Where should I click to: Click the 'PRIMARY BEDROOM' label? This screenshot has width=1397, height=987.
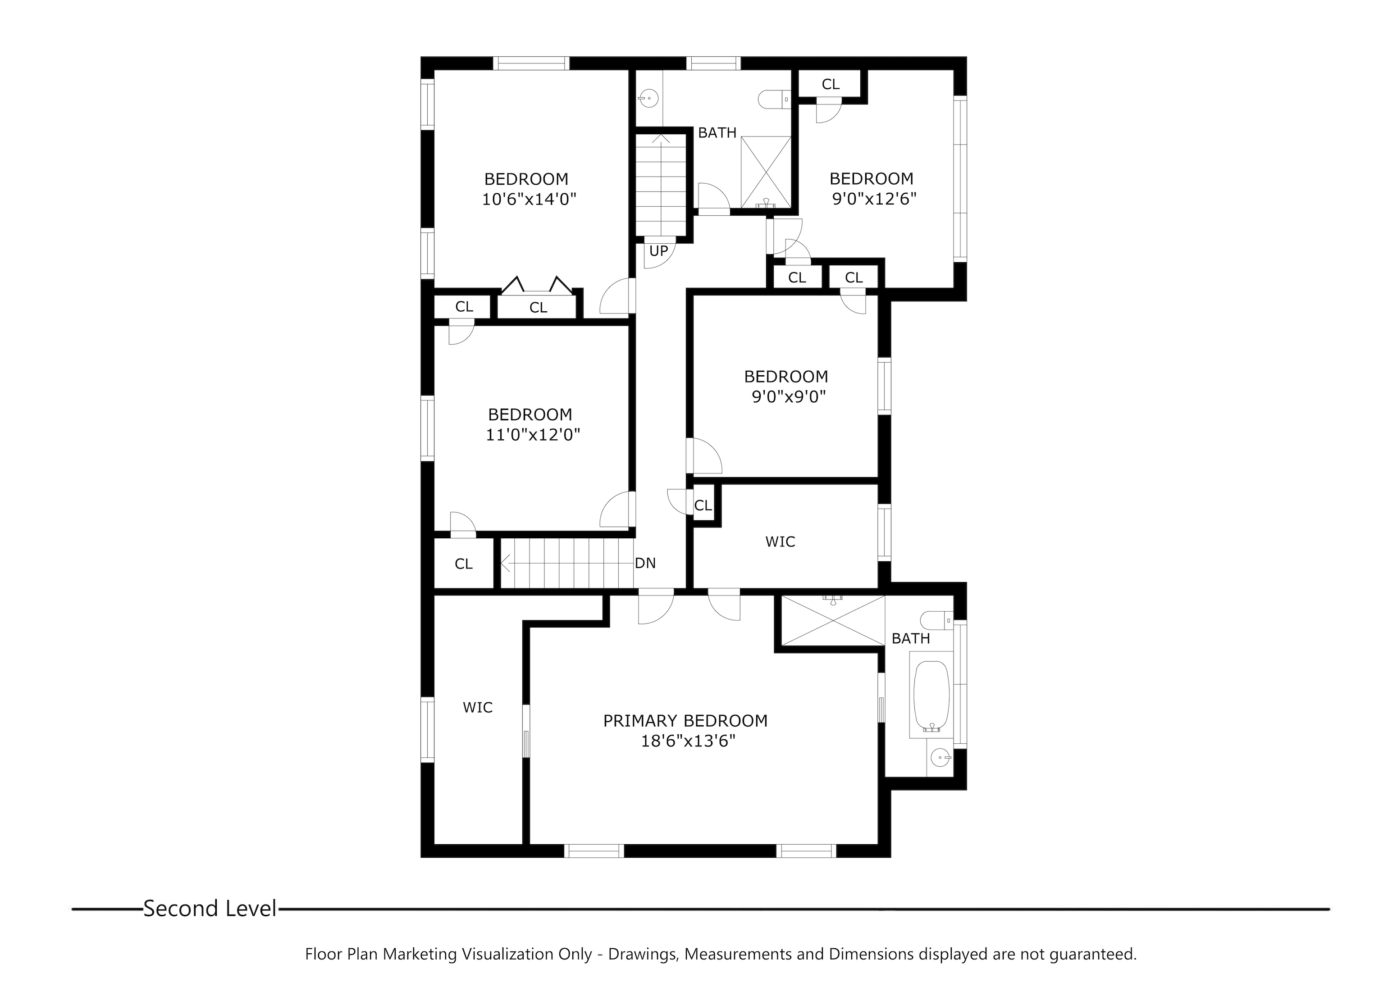tap(685, 721)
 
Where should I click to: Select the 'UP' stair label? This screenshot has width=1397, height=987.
tap(658, 251)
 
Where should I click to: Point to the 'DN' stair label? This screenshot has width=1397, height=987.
tap(645, 563)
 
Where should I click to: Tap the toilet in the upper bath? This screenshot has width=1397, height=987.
tap(775, 99)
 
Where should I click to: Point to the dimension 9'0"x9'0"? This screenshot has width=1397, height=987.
tap(789, 396)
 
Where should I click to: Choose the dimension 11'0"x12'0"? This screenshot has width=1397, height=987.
tap(532, 435)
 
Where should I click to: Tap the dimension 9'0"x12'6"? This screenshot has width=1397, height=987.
tap(874, 199)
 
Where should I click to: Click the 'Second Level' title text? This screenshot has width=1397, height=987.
tap(210, 909)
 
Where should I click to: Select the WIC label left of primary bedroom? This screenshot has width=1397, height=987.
tap(478, 707)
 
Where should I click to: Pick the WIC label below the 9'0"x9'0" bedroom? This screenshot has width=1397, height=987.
tap(780, 541)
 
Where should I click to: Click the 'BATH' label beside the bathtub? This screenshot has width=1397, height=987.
tap(911, 638)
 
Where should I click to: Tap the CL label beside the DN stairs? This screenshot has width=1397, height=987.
tap(464, 564)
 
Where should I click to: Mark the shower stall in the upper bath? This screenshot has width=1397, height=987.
tap(766, 172)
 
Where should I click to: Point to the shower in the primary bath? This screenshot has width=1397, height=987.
tap(833, 620)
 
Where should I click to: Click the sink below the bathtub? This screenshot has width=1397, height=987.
tap(940, 757)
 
